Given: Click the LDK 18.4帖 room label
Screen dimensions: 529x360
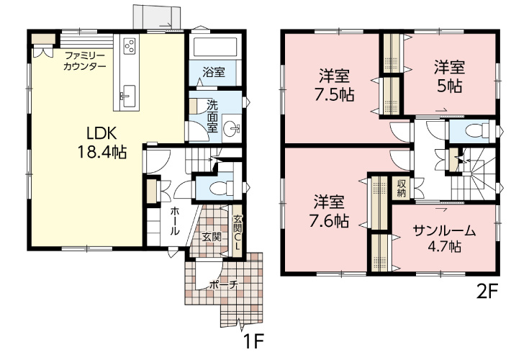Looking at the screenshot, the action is point(102,143).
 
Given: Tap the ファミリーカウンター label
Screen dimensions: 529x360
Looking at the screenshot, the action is point(85,60).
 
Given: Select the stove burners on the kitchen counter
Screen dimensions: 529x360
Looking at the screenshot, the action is point(130,46).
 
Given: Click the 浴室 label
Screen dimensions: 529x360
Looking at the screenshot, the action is point(214,72).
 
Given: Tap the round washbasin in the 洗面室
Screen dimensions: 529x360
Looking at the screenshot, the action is point(232,128).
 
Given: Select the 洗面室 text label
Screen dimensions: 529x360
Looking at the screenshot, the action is point(212,117).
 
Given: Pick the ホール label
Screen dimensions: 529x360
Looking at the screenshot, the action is point(174,221).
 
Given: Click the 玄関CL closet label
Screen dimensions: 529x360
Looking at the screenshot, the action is point(238,233).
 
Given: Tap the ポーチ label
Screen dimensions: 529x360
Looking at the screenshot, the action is point(224,285).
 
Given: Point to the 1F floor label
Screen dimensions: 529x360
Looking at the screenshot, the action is point(253,343).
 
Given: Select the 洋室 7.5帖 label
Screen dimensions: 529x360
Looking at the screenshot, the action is point(335,86).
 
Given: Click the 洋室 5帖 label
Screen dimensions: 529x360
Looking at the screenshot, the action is point(450,76).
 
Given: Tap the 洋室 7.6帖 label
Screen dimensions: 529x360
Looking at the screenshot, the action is point(329,212).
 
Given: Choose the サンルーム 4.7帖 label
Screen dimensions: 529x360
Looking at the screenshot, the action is point(444,239).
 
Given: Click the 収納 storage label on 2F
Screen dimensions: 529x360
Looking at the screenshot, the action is point(401,189).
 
